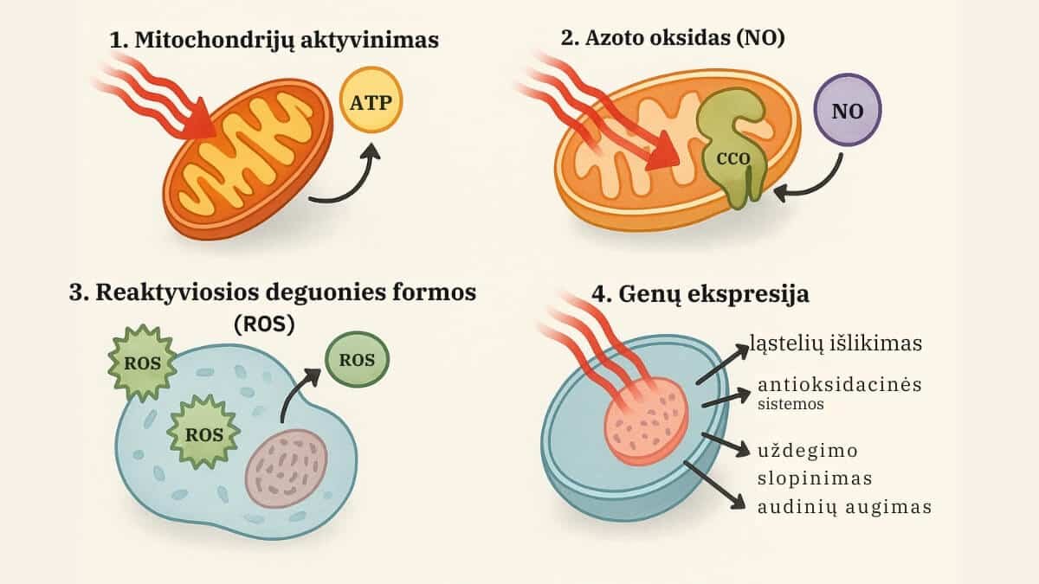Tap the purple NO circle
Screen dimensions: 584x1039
(x=847, y=112)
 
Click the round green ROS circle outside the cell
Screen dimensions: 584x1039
(x=356, y=360)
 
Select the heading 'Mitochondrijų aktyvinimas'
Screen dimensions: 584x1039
(x=274, y=40)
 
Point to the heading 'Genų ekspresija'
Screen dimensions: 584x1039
(x=700, y=293)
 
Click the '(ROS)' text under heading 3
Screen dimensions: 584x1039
(x=265, y=324)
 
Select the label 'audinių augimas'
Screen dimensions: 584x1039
(x=844, y=507)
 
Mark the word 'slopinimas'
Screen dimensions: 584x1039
(x=814, y=478)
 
